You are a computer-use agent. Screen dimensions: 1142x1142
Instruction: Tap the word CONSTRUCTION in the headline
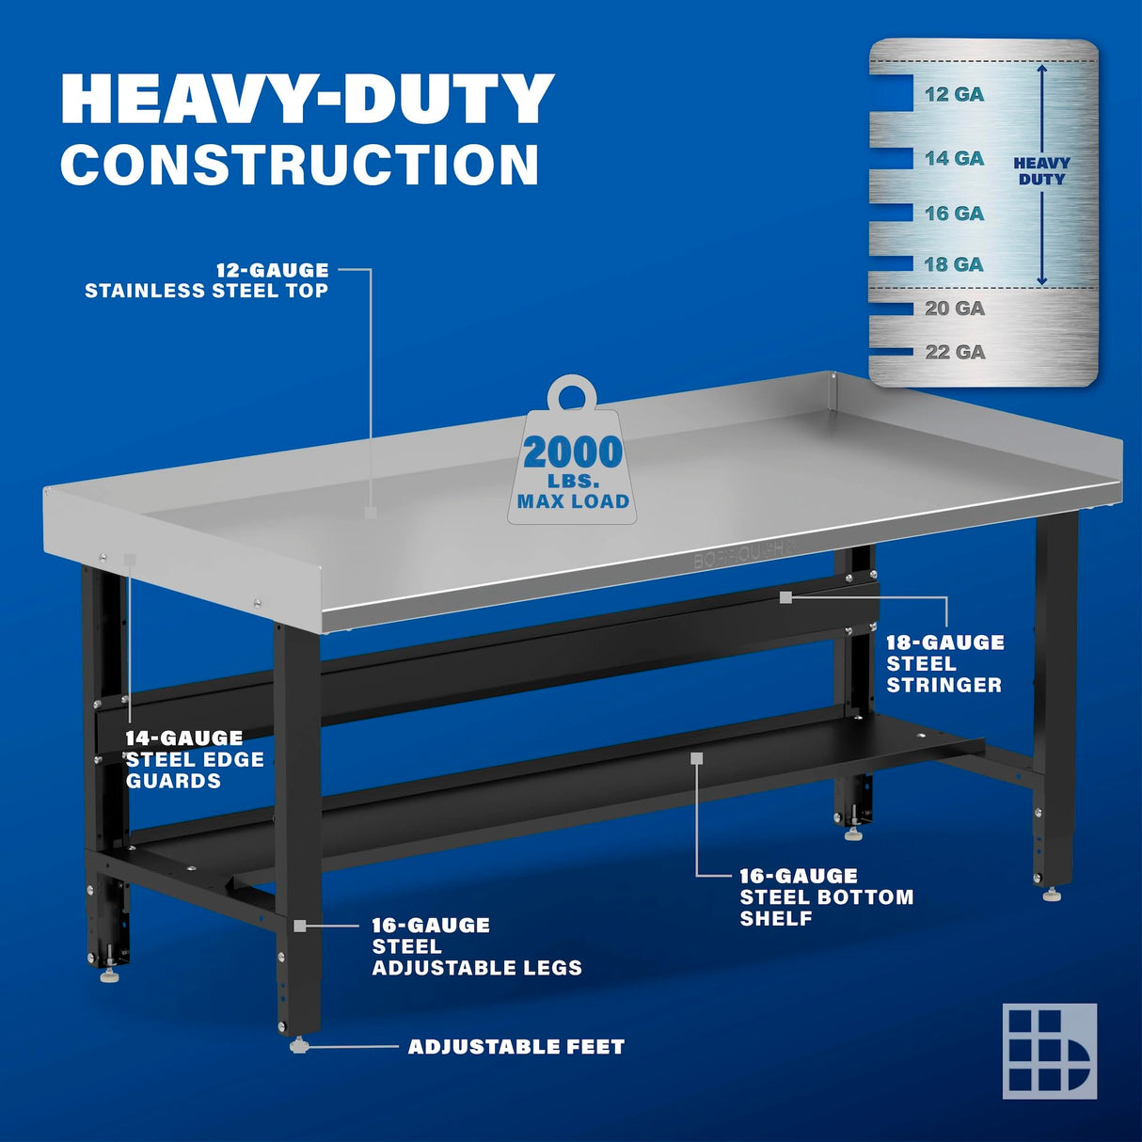click(x=300, y=165)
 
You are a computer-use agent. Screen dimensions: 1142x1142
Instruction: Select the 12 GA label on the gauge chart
click(x=954, y=94)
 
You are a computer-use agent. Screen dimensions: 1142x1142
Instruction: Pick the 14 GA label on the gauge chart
click(x=954, y=159)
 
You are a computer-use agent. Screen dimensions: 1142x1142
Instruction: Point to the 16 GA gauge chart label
click(x=954, y=214)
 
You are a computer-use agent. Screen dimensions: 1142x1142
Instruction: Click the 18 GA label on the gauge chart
click(x=954, y=264)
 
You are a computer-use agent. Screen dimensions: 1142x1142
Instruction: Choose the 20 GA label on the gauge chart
click(x=954, y=309)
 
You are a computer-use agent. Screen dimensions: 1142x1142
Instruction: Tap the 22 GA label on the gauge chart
click(x=954, y=352)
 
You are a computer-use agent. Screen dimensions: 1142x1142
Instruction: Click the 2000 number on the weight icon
click(x=573, y=452)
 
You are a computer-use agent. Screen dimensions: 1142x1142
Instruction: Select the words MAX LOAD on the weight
click(x=573, y=501)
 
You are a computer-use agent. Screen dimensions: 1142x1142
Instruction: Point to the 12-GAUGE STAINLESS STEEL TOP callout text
click(x=207, y=280)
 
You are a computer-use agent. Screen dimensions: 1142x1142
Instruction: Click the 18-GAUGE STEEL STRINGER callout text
click(x=944, y=663)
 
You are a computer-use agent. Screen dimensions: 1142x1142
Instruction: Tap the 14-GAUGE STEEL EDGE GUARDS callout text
click(x=195, y=759)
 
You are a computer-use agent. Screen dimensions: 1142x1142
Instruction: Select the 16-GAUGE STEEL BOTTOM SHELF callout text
click(x=826, y=896)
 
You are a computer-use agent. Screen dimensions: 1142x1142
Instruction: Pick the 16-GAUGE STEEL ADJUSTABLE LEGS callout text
click(x=476, y=946)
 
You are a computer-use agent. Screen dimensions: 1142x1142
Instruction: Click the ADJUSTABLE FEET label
click(x=515, y=1046)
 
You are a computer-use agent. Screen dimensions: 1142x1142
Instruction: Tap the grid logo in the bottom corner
click(x=1049, y=1051)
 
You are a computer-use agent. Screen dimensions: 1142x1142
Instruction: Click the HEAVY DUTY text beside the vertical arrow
click(x=1041, y=171)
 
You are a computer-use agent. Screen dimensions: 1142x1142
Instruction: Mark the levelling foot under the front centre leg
click(x=299, y=1045)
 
